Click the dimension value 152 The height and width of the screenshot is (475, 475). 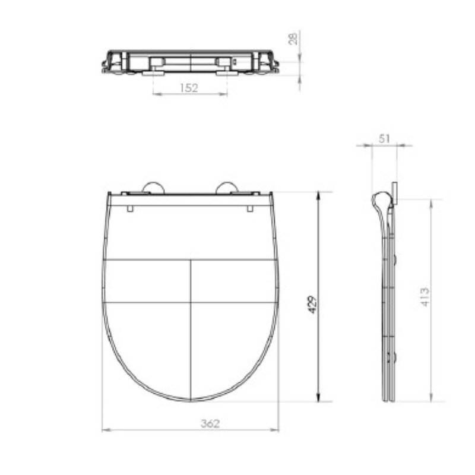tap(189, 88)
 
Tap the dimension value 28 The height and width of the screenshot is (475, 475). tap(293, 39)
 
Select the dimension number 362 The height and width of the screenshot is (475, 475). tap(210, 423)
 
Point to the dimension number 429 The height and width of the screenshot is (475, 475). tap(313, 305)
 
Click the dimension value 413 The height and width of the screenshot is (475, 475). tap(425, 297)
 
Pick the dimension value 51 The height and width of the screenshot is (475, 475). tap(384, 139)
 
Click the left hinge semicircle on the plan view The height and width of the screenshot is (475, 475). tap(154, 188)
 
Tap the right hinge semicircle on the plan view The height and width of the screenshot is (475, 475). tap(227, 188)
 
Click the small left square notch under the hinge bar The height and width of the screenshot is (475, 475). tap(130, 208)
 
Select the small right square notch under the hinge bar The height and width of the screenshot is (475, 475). tap(250, 208)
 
